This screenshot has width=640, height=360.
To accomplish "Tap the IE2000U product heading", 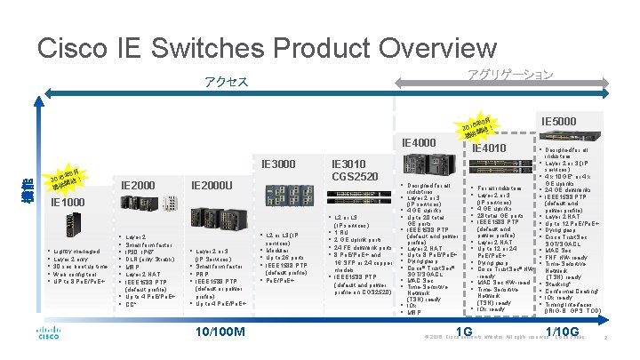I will click(213, 185).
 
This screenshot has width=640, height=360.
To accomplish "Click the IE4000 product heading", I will click(419, 143).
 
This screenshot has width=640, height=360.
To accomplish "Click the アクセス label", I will click(225, 83).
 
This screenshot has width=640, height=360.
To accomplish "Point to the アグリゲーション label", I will click(509, 75).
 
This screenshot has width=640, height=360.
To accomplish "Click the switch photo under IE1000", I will click(64, 227).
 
